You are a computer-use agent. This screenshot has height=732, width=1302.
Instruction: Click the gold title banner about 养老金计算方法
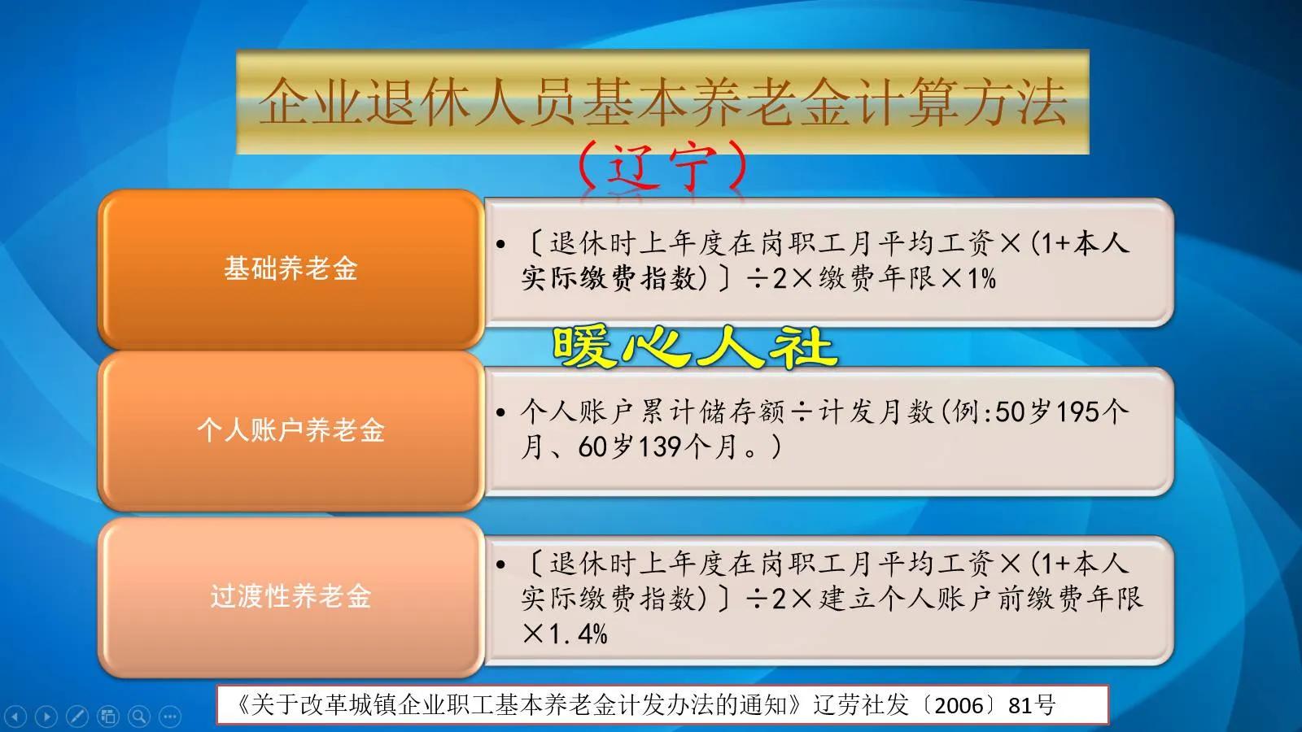(662, 102)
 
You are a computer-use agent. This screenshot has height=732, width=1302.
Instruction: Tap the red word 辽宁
(662, 167)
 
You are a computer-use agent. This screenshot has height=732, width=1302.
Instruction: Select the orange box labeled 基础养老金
(291, 269)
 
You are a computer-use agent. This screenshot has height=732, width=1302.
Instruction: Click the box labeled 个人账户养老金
(291, 430)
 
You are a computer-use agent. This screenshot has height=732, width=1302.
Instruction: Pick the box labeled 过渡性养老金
(291, 597)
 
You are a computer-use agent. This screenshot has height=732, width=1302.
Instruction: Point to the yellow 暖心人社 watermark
(695, 347)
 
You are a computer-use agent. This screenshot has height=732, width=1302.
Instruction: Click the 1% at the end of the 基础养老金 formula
(981, 279)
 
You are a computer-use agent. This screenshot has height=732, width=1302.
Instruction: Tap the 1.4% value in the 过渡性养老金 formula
(578, 634)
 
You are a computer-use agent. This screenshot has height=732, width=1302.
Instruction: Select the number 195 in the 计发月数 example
(1077, 412)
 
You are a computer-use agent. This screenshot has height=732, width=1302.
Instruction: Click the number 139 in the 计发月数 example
(660, 447)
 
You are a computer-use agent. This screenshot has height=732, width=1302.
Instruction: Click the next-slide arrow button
(46, 717)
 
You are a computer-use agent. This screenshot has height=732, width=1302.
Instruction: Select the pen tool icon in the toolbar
(77, 717)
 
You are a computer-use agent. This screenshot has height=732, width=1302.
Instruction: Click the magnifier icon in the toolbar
(139, 717)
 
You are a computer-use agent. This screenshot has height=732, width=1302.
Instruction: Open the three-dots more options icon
(170, 717)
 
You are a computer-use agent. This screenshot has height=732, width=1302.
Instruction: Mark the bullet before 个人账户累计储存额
(501, 413)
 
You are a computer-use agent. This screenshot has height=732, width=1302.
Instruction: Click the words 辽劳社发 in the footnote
(861, 704)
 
